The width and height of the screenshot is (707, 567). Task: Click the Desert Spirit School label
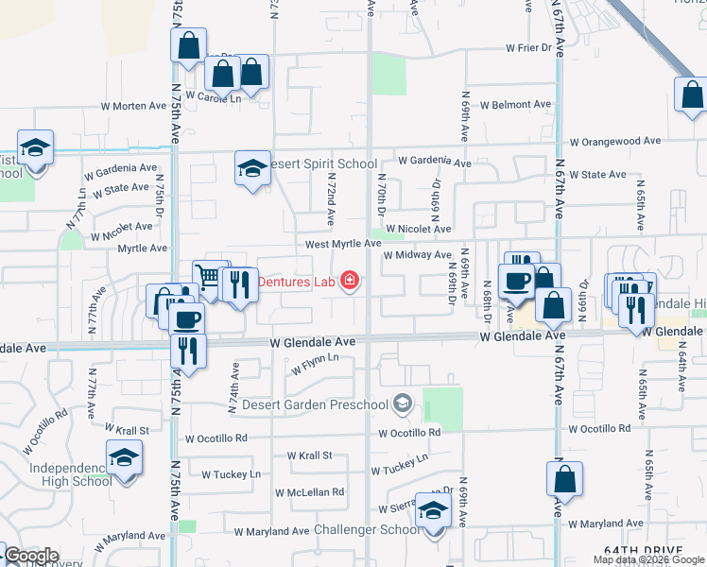pyautogui.click(x=323, y=163)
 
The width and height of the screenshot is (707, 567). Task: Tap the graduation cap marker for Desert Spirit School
pyautogui.click(x=252, y=169)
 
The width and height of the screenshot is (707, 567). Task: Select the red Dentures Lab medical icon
pyautogui.click(x=350, y=280)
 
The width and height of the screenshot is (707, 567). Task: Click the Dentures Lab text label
pyautogui.click(x=297, y=281)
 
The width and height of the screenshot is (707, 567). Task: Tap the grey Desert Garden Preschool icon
pyautogui.click(x=403, y=404)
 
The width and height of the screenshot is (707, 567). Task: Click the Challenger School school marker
pyautogui.click(x=434, y=512)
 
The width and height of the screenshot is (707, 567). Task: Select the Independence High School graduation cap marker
pyautogui.click(x=123, y=458)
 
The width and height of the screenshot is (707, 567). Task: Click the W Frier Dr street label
pyautogui.click(x=527, y=47)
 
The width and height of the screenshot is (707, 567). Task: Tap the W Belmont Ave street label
pyautogui.click(x=515, y=105)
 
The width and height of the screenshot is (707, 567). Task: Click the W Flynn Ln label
pyautogui.click(x=315, y=366)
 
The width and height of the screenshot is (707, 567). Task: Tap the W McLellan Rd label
pyautogui.click(x=310, y=492)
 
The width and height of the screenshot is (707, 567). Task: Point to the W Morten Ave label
pyautogui.click(x=139, y=106)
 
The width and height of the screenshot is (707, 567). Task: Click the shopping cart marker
pyautogui.click(x=209, y=278)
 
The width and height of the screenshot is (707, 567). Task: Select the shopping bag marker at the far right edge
pyautogui.click(x=692, y=95)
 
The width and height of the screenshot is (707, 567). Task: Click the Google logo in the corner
pyautogui.click(x=31, y=556)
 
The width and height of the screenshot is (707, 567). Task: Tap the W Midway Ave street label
pyautogui.click(x=417, y=255)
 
